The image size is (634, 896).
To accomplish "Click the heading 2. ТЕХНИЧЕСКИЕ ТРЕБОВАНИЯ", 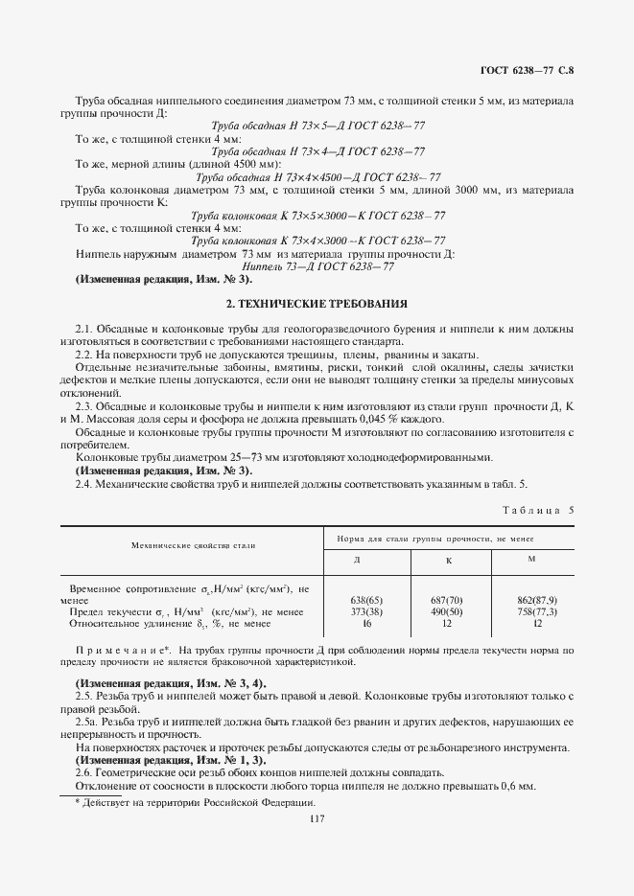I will [317, 304].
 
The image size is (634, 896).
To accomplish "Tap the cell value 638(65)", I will [357, 600].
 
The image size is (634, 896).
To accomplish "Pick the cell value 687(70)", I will [448, 600].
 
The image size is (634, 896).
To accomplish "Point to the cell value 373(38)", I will [357, 611].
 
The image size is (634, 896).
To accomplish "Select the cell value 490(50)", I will [448, 611].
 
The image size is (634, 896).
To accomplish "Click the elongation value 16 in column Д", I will [357, 623].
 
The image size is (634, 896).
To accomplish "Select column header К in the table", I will [448, 561].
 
